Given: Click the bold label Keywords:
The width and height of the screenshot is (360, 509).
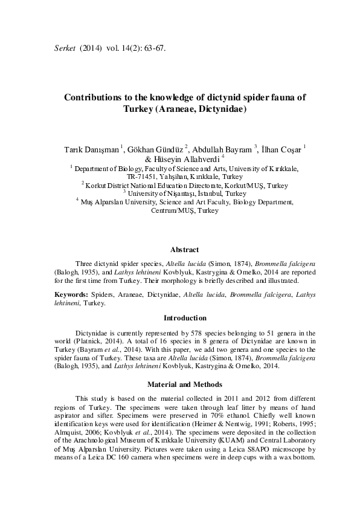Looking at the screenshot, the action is click(x=70, y=295).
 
